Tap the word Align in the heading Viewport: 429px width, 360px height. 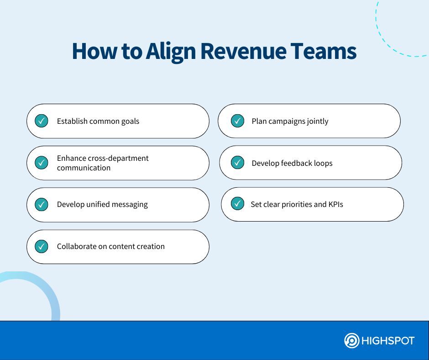(171, 52)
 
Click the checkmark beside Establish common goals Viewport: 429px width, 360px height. (42, 121)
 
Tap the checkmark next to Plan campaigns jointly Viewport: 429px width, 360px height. (237, 121)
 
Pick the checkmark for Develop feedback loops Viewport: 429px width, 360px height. (237, 163)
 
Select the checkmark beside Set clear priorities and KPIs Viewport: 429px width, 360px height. (237, 204)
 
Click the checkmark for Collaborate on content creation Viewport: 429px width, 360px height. (42, 246)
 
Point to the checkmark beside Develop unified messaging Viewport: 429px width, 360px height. (42, 204)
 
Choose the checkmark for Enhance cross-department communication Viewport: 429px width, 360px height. (42, 163)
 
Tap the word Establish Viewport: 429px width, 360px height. (72, 121)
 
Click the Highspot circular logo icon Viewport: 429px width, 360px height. (351, 340)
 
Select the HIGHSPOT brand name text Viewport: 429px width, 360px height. (388, 341)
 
